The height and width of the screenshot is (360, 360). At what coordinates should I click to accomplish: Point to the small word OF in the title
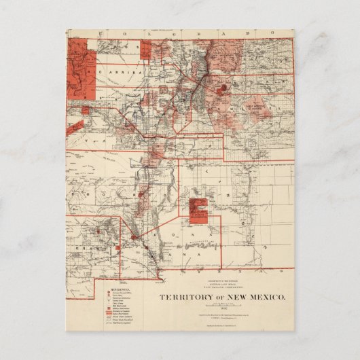click(x=219, y=298)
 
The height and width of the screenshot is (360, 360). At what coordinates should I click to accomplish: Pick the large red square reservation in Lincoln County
click(x=198, y=211)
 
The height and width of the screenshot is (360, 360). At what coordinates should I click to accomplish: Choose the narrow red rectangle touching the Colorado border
click(x=145, y=48)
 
